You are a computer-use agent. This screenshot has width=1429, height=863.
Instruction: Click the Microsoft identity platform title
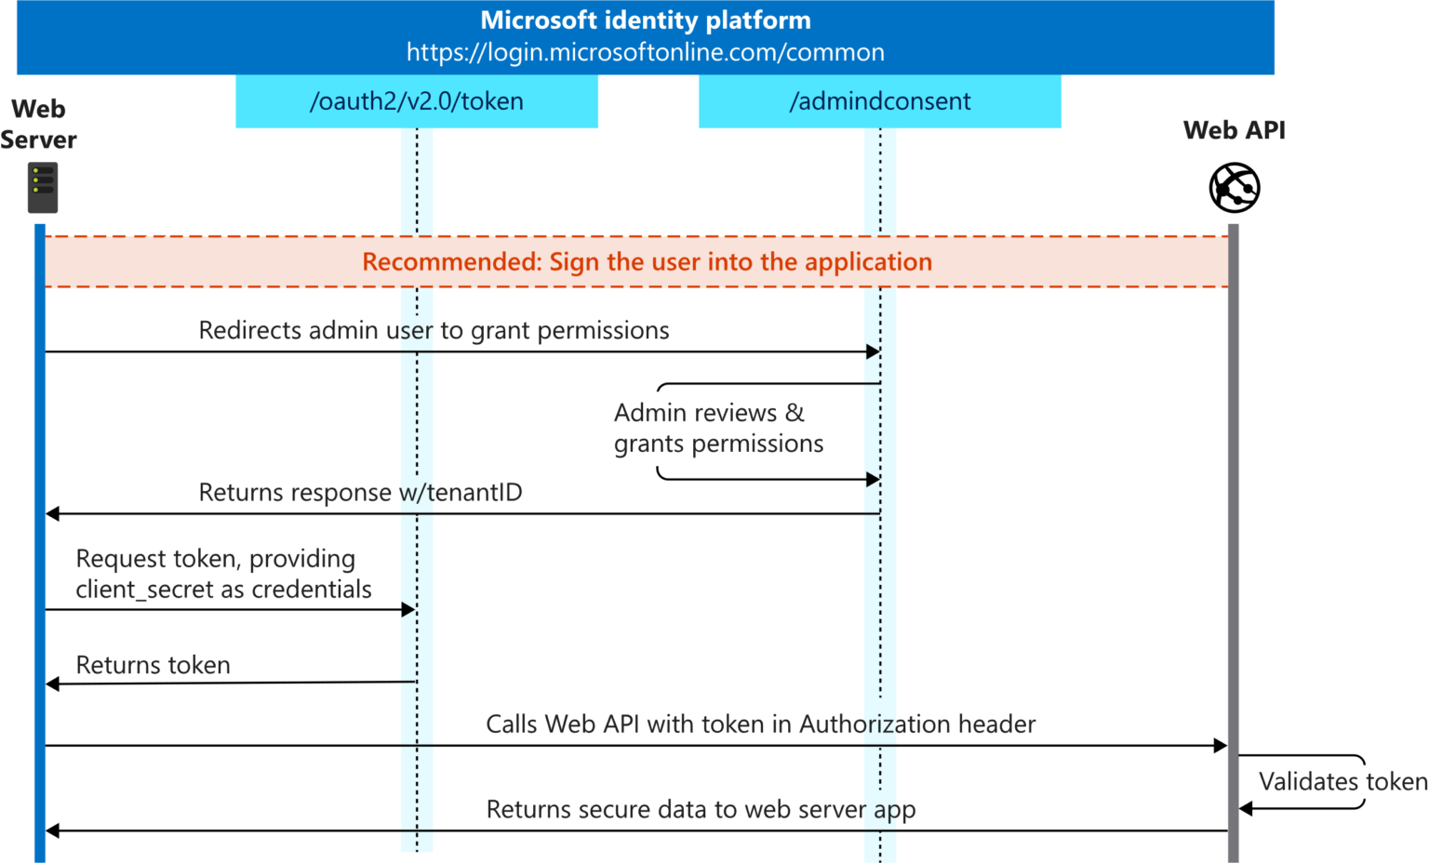pos(645,20)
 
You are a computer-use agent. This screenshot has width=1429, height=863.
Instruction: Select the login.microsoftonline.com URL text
pos(645,53)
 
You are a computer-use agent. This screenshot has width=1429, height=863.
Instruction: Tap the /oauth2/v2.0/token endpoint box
pos(416,101)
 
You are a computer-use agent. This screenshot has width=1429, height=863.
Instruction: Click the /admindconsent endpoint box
pos(879,101)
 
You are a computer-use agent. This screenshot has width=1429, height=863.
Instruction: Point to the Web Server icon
pos(43,187)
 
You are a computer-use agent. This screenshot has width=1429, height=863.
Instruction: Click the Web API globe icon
pos(1234,187)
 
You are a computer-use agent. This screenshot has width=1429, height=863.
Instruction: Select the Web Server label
pos(38,124)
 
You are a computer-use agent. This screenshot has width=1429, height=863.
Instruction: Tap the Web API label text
pos(1234,130)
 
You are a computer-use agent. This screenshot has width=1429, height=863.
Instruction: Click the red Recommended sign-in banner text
pos(647,262)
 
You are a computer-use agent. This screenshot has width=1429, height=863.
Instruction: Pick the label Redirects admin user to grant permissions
pos(434,331)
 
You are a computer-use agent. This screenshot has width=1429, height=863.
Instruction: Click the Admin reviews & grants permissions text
pos(718,428)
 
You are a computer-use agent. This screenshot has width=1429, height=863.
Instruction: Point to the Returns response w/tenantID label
pos(360,492)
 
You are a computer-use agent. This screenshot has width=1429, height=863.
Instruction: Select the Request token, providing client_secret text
pos(223,574)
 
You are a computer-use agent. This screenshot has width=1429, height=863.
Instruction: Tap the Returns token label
pos(153,665)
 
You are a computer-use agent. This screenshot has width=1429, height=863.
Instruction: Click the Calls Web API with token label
pos(760,724)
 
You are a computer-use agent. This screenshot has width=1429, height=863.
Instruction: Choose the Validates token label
pos(1342,781)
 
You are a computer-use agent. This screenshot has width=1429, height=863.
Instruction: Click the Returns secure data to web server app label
pos(701,809)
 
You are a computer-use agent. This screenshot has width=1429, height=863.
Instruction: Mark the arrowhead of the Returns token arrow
pos(53,684)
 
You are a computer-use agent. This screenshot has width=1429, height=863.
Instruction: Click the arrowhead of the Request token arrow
pos(408,610)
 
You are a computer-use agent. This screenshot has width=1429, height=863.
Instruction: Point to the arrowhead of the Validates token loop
pos(1246,809)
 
